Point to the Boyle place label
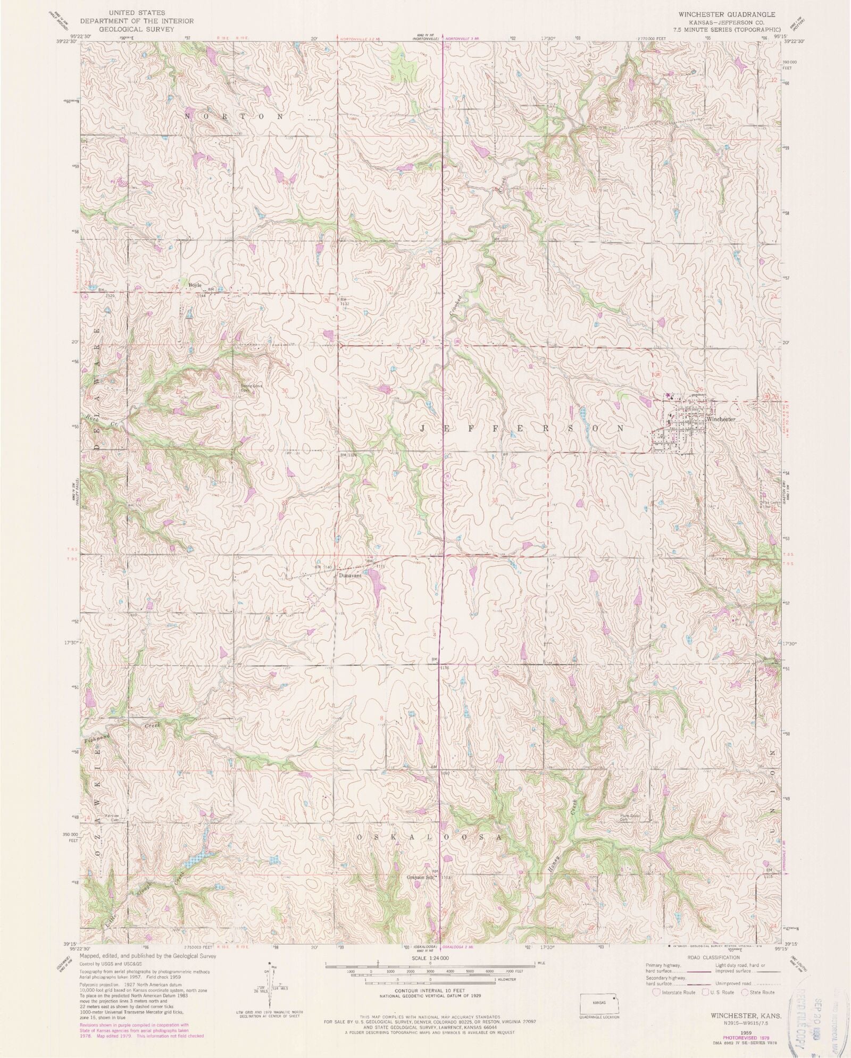click(x=195, y=285)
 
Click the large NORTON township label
click(x=233, y=115)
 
